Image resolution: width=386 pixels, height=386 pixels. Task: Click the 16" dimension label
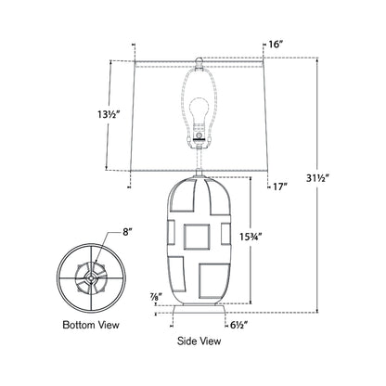(275, 44)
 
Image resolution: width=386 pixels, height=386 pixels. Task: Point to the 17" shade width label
(279, 187)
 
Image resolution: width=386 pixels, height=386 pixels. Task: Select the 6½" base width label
(240, 327)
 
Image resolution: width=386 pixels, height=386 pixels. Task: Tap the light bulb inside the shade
(200, 109)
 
